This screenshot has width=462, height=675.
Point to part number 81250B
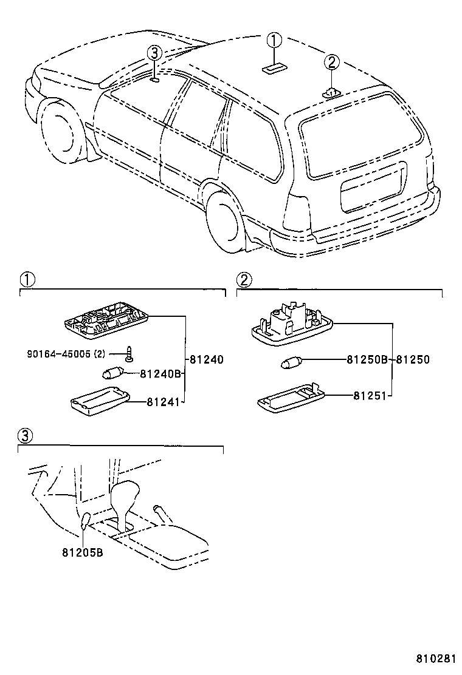point(367,360)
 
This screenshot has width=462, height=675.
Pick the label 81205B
point(82,552)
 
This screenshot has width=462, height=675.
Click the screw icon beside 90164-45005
point(129,353)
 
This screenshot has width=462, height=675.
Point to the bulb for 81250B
point(292,364)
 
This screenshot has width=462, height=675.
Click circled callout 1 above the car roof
point(275,41)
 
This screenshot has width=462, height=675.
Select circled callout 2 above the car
point(331,61)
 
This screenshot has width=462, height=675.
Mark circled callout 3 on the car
point(154,53)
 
